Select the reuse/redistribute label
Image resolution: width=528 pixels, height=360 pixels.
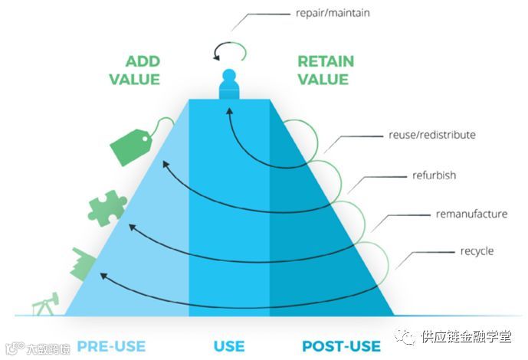[x=432, y=136]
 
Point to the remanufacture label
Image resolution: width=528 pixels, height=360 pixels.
[x=471, y=214]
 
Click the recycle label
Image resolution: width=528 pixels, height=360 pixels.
[x=477, y=251]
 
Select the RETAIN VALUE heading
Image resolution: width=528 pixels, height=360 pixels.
[x=323, y=70]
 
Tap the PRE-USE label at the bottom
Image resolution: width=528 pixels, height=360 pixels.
[x=111, y=345]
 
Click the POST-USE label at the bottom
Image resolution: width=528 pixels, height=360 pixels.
[x=341, y=345]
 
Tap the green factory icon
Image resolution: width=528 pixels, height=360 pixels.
[x=82, y=263]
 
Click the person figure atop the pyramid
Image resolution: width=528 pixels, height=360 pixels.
[x=228, y=84]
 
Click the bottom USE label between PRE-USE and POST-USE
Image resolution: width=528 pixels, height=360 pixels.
[x=229, y=345]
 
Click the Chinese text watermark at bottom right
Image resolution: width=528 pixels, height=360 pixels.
[x=467, y=336]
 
